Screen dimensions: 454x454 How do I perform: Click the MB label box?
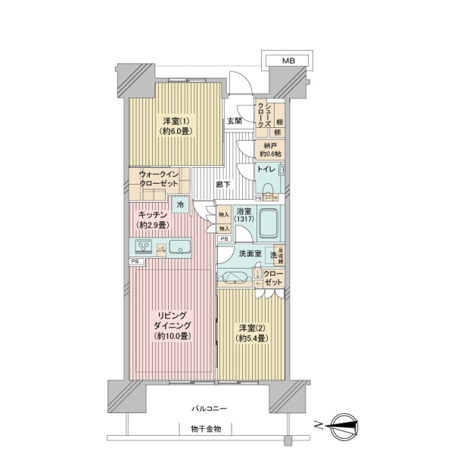point(289,60)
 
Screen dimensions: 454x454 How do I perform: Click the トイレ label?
point(266,169)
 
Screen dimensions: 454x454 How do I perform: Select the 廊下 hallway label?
point(222,184)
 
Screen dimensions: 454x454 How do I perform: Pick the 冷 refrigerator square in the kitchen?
point(179,204)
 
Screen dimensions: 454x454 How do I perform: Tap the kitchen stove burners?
point(143,247)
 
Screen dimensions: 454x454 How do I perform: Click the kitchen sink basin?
point(180,247)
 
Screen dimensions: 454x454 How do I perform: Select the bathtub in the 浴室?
point(269,223)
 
